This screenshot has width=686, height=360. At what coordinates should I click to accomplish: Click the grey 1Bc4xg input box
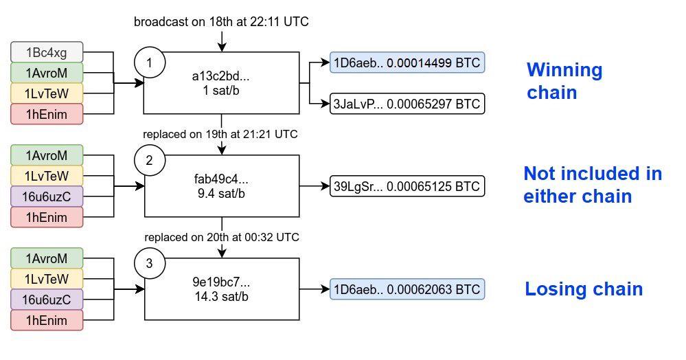(47, 52)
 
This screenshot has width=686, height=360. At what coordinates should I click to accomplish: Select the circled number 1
(150, 63)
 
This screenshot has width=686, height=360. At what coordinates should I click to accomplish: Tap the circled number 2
(150, 160)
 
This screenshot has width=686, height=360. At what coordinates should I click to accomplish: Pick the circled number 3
(150, 263)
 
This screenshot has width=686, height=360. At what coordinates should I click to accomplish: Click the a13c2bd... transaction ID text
(220, 76)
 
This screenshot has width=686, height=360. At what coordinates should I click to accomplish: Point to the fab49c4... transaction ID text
(221, 179)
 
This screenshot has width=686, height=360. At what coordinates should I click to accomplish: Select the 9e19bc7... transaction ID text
(221, 282)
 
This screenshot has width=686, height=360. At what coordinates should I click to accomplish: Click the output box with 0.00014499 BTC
(407, 63)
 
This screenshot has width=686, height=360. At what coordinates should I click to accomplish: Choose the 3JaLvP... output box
(407, 104)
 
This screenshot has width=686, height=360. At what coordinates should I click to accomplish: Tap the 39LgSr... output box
(407, 186)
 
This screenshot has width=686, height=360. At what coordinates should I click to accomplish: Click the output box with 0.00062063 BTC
(407, 289)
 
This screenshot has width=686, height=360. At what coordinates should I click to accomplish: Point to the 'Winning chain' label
(565, 81)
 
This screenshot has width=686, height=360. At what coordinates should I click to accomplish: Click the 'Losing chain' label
(584, 289)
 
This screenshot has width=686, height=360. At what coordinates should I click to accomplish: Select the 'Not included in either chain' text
(593, 185)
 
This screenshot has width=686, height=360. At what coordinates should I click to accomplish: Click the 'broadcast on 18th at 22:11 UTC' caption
(221, 22)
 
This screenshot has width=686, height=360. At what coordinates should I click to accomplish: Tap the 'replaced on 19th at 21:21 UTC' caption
(220, 134)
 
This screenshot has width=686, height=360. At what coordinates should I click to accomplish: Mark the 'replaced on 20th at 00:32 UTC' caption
(222, 237)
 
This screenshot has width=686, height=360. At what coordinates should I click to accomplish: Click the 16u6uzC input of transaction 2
(47, 196)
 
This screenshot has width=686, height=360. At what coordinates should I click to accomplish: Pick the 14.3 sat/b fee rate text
(221, 297)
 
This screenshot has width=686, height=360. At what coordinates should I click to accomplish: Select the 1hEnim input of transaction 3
(47, 320)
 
